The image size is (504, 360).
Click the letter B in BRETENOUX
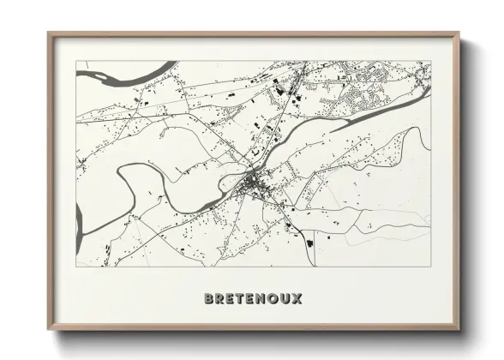[209, 298]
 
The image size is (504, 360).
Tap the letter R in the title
[221, 298]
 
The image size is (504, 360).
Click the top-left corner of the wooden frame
[48, 33]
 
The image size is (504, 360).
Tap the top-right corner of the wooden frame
[459, 33]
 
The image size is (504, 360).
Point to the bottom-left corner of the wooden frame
[48, 331]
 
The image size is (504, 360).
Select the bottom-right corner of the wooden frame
[459, 331]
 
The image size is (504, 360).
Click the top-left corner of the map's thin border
[76, 61]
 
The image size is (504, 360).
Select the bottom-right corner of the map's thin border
[430, 267]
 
